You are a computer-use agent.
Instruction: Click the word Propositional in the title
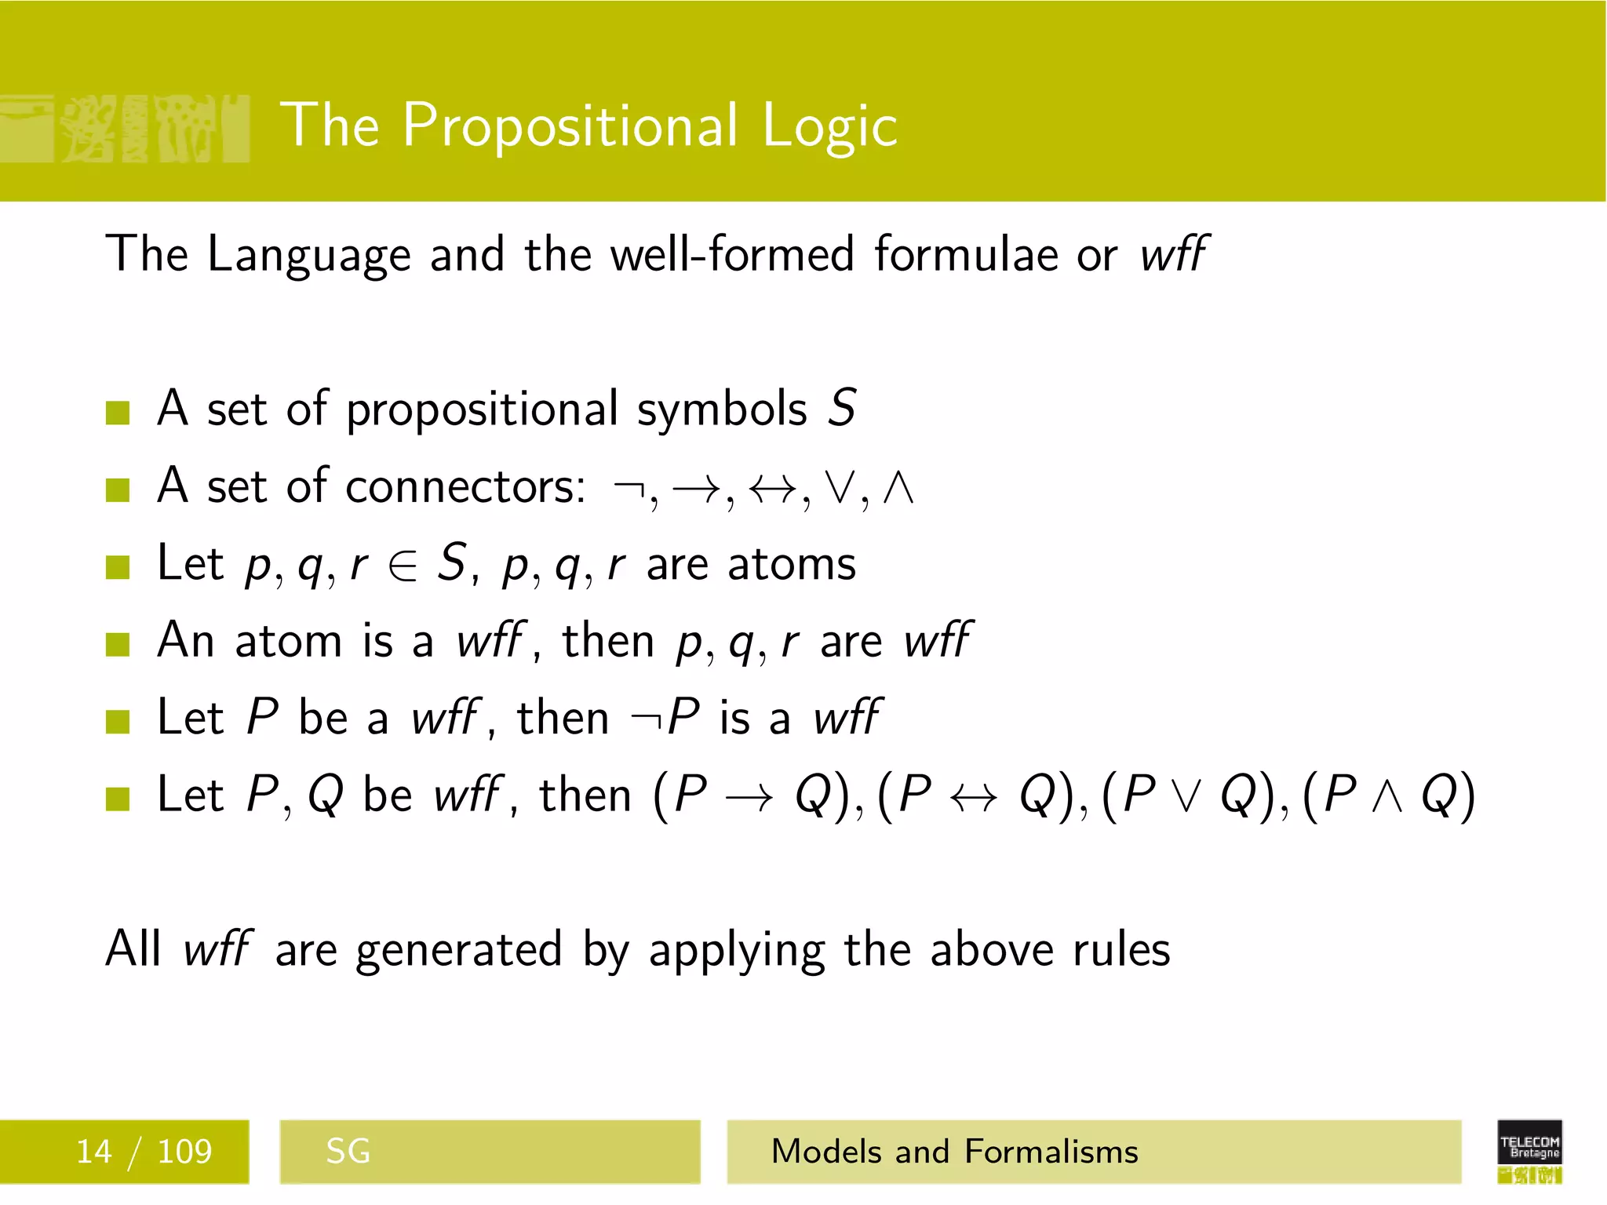pyautogui.click(x=570, y=126)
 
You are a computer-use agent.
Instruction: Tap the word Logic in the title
pyautogui.click(x=829, y=126)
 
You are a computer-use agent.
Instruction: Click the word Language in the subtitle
pyautogui.click(x=308, y=255)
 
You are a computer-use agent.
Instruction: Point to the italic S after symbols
pyautogui.click(x=842, y=408)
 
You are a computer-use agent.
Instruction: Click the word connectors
pyautogui.click(x=465, y=486)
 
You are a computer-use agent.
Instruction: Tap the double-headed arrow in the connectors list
pyautogui.click(x=773, y=489)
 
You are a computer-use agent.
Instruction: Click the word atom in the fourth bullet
pyautogui.click(x=288, y=641)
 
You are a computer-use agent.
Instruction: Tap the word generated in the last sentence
pyautogui.click(x=459, y=950)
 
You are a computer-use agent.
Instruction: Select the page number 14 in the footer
pyautogui.click(x=93, y=1152)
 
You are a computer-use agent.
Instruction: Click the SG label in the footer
pyautogui.click(x=348, y=1152)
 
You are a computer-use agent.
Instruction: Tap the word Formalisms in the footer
pyautogui.click(x=1051, y=1152)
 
